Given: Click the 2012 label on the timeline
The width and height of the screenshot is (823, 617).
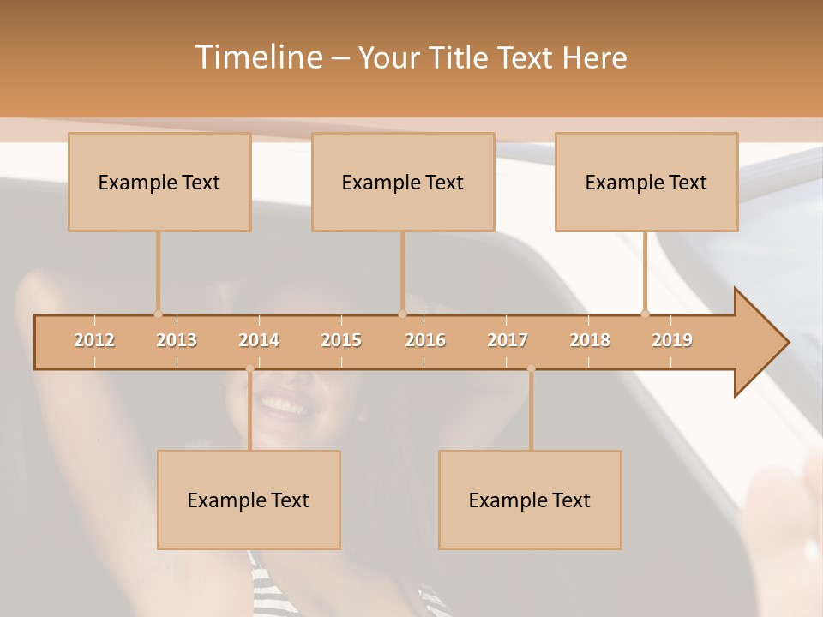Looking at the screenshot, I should [x=94, y=340].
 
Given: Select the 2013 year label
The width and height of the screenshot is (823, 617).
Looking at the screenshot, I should [x=177, y=340].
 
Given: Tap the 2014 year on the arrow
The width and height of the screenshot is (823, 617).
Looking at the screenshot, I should [x=259, y=340].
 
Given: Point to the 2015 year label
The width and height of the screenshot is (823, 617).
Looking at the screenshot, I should [x=341, y=340].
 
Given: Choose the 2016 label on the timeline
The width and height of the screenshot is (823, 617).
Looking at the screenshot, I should [x=425, y=340].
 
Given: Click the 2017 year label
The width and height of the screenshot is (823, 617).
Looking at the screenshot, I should [x=508, y=340].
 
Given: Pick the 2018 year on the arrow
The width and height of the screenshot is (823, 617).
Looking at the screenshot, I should [x=590, y=340].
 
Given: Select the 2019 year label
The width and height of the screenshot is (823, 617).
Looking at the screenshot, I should [x=672, y=340].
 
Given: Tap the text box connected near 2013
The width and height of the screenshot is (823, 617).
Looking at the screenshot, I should [x=159, y=182].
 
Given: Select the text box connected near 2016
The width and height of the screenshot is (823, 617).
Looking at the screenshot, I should [x=403, y=182].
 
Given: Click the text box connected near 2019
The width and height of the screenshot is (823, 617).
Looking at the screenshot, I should [x=646, y=182].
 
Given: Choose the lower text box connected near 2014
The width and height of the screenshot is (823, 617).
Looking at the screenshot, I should [x=249, y=500].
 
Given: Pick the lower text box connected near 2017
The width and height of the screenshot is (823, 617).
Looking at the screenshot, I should [x=530, y=500].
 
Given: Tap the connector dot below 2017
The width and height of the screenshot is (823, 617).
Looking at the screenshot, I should [x=531, y=368].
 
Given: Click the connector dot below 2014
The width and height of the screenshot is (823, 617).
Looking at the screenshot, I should [x=249, y=368].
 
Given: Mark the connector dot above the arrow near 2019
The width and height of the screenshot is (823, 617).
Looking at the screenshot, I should [x=645, y=314].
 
